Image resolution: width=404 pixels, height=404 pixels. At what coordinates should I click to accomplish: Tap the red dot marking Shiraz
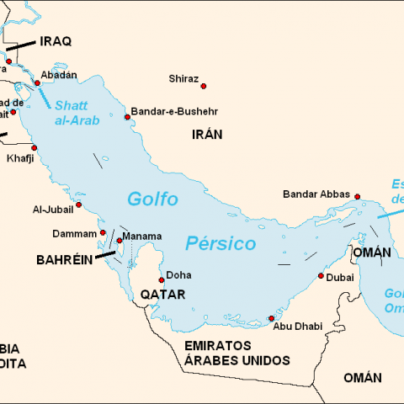[x=203, y=85]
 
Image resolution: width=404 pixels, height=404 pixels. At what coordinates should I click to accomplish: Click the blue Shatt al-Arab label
[x=77, y=113]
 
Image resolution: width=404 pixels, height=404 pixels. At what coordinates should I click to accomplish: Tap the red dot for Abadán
[x=37, y=83]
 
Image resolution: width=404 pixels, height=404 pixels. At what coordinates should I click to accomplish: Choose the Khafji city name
[x=21, y=158]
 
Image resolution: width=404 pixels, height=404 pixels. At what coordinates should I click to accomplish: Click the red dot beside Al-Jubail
[x=79, y=204]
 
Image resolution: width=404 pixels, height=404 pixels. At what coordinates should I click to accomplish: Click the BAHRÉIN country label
[x=64, y=261]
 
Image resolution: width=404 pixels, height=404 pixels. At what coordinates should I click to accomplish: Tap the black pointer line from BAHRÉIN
[x=105, y=252]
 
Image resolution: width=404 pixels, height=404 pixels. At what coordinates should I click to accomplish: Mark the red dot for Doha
[x=161, y=280]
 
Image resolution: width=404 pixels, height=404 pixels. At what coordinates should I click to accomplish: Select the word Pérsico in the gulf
[x=220, y=244]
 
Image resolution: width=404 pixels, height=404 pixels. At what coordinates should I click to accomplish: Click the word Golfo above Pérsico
[x=152, y=199]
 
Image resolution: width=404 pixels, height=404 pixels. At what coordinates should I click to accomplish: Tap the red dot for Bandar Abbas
[x=358, y=196]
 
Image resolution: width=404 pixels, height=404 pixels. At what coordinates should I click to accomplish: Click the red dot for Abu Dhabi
[x=270, y=318]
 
